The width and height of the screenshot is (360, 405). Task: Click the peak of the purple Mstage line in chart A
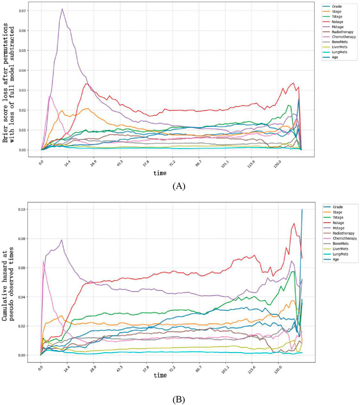[x=62, y=9]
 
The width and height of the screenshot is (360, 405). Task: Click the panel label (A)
[x=179, y=186]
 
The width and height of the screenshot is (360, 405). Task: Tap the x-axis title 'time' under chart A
[x=160, y=173]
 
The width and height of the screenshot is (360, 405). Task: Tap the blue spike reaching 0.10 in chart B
[x=302, y=210]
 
